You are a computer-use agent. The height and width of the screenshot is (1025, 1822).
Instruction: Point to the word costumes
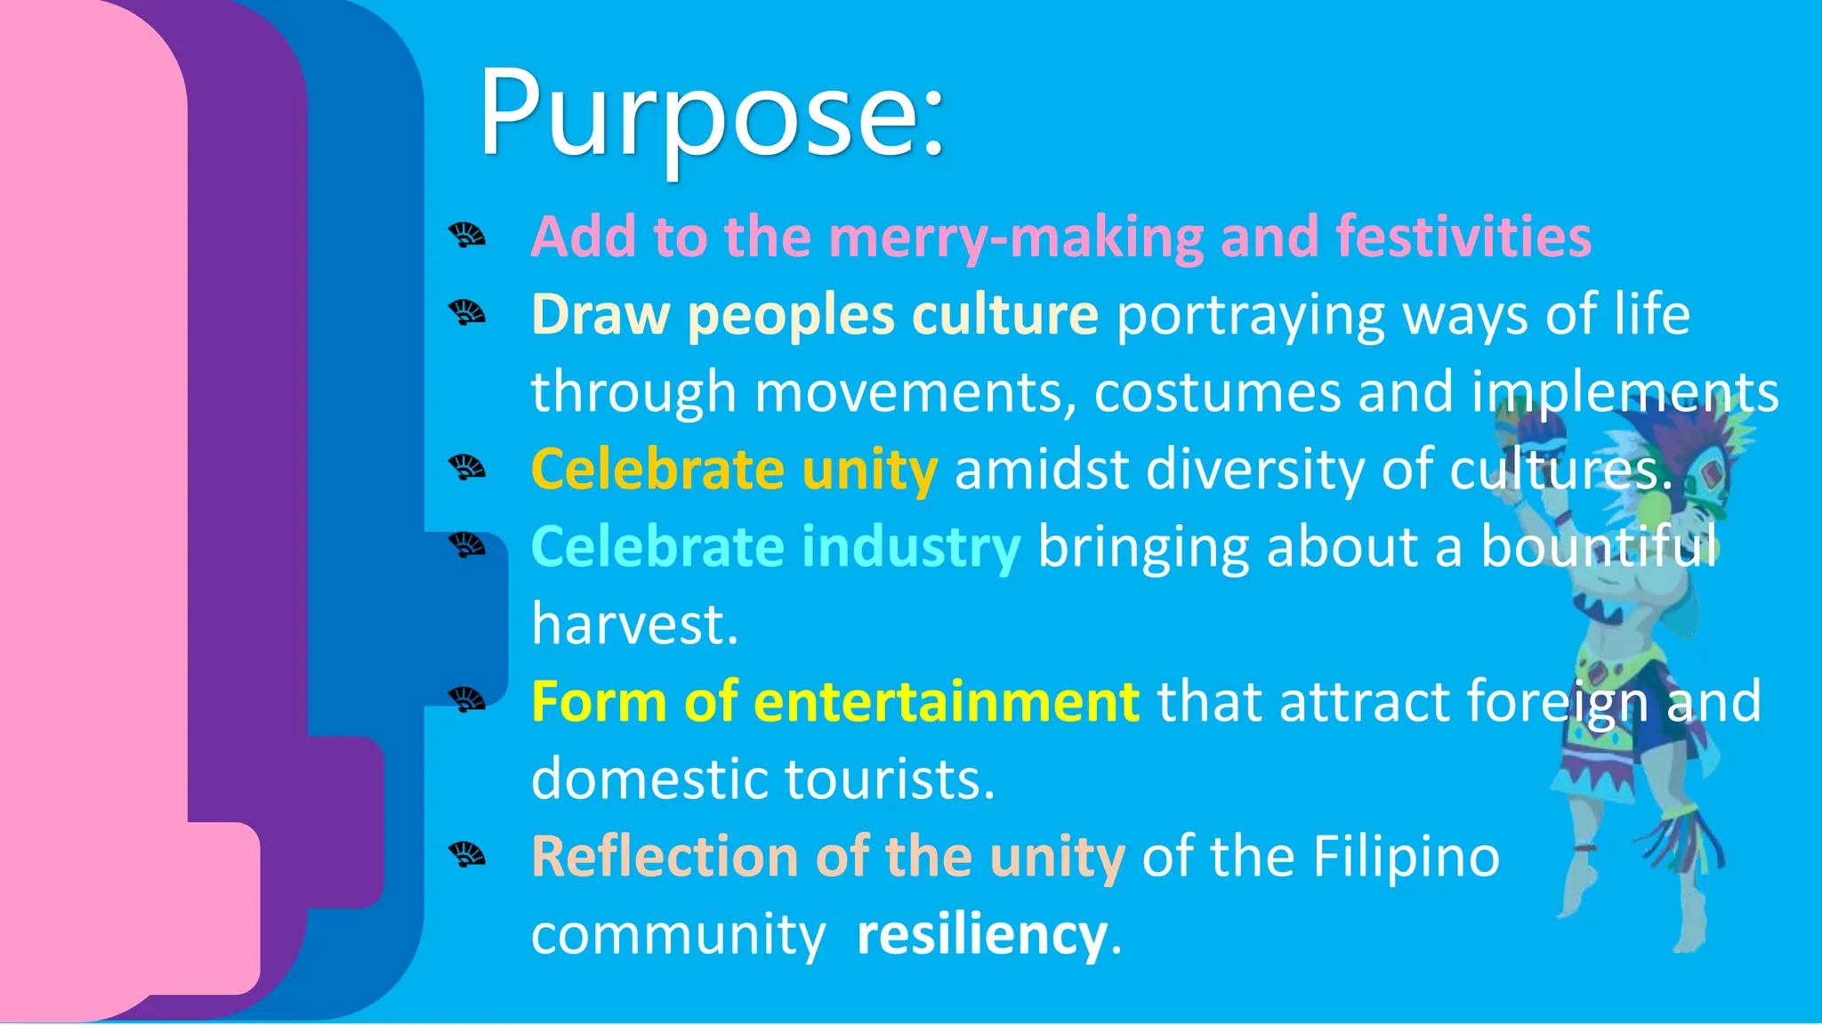pos(1216,391)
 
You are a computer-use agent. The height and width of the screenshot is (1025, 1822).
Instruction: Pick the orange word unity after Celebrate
pos(869,469)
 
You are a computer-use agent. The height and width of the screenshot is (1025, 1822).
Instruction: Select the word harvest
pos(634,624)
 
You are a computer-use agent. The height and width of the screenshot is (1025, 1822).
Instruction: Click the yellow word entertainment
pos(946,701)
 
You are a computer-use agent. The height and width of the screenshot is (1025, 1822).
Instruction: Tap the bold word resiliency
pos(982,934)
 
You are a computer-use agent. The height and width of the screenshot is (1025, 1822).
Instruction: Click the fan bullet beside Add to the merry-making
pos(467,236)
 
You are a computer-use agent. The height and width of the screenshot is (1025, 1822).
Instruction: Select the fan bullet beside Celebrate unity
pos(467,467)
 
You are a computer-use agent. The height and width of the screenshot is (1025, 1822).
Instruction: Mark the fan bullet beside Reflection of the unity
pos(467,855)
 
